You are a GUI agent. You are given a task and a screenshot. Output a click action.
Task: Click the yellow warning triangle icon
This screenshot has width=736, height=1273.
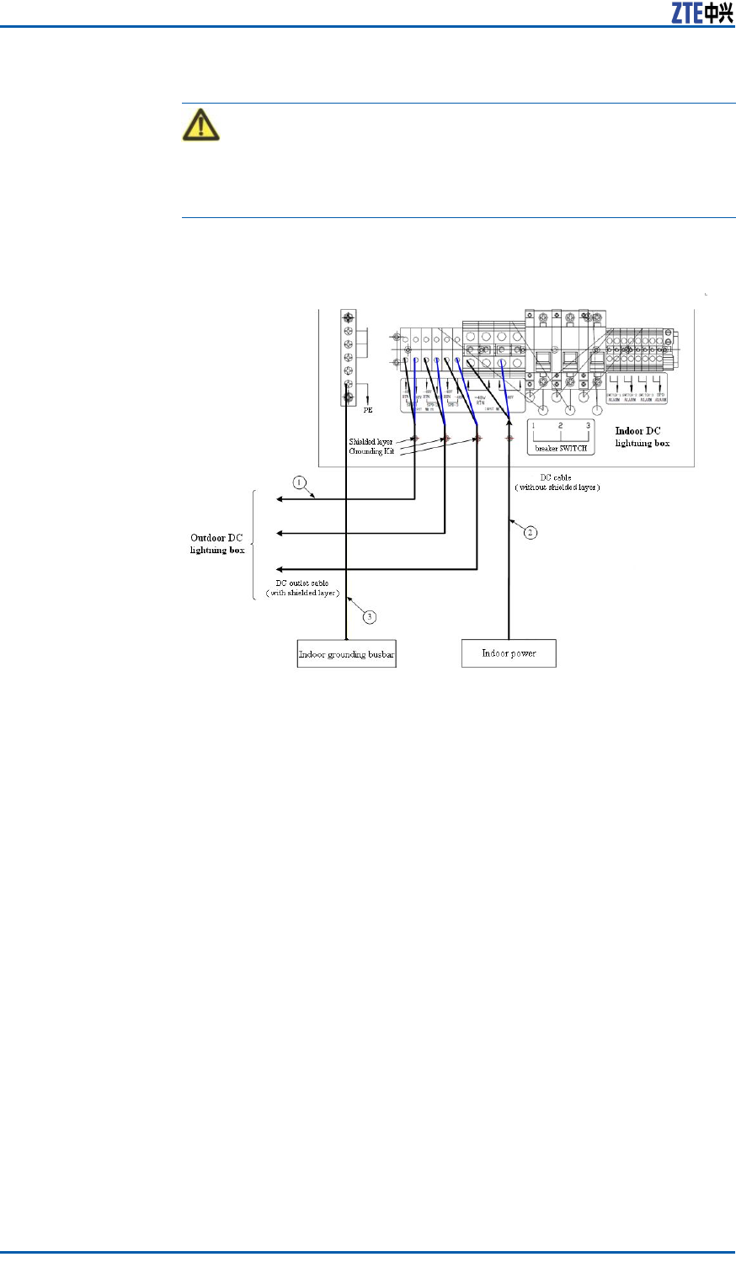coord(200,125)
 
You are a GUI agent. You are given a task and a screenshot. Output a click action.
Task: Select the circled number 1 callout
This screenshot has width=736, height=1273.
coord(298,483)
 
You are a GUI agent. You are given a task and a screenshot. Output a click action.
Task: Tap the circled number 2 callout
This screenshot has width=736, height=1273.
coord(531,532)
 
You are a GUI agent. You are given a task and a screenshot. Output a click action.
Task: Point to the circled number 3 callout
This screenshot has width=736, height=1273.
coord(369,616)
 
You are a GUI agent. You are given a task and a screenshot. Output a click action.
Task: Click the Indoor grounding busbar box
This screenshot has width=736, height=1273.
coord(346,654)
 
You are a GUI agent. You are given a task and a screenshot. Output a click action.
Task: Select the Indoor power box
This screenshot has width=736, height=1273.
coord(509,653)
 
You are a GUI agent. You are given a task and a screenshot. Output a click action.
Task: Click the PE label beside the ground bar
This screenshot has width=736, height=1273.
coord(368,411)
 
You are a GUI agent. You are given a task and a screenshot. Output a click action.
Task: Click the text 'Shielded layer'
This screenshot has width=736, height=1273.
coord(371,441)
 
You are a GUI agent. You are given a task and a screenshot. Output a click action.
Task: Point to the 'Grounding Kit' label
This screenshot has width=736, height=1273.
coord(371,451)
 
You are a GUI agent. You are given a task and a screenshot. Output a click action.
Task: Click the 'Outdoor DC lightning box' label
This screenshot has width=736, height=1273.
coord(218,544)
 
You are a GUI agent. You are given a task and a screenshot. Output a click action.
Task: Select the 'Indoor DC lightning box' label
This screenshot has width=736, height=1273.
coord(643,437)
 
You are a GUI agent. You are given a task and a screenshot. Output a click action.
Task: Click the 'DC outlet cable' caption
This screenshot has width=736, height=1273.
coord(303,583)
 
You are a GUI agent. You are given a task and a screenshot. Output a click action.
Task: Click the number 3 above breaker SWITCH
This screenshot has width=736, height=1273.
coord(588,426)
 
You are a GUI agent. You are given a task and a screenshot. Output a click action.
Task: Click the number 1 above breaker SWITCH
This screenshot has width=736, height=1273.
coord(533,426)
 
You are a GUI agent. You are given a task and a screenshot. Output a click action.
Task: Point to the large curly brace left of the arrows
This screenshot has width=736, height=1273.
coord(256,545)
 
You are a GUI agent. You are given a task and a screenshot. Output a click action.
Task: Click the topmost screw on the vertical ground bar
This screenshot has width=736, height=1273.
coord(348,317)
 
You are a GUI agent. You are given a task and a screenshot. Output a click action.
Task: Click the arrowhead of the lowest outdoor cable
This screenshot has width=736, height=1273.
coord(280,569)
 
